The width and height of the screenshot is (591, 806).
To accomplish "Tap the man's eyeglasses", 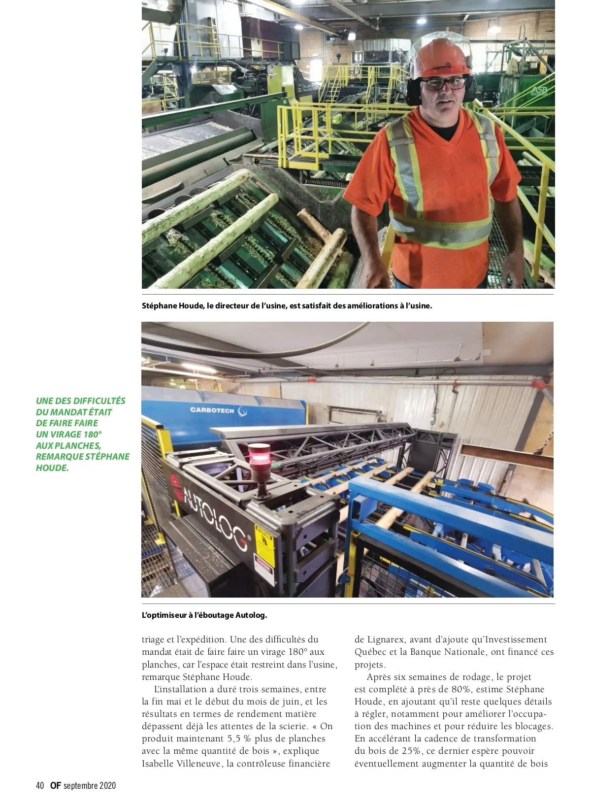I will [x=443, y=84].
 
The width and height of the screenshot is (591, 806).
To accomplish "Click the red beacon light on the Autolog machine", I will [x=259, y=456].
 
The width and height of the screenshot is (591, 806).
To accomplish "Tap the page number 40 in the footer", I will [x=40, y=786].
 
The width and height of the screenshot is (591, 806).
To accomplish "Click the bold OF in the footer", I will [x=55, y=786].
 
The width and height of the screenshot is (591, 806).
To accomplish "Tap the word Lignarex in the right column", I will [x=386, y=639].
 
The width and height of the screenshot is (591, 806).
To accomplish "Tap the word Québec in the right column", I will [x=370, y=652].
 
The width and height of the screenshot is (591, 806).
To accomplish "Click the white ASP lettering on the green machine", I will [x=539, y=91].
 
